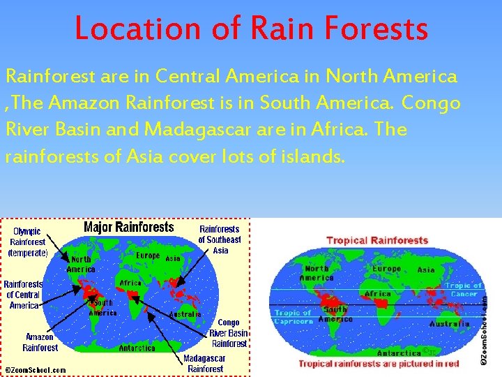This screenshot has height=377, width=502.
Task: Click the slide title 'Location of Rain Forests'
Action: click(x=251, y=29)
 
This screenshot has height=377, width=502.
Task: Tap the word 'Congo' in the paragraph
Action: click(x=431, y=103)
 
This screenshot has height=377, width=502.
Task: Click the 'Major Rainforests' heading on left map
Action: click(x=128, y=227)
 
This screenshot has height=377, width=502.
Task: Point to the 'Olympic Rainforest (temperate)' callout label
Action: click(x=28, y=242)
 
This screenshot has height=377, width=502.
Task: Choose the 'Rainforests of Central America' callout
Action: click(x=23, y=295)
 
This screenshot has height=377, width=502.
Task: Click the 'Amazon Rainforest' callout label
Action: click(x=40, y=342)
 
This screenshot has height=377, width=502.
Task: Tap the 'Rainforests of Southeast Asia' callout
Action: click(x=220, y=239)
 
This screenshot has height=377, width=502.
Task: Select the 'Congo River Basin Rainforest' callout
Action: click(x=228, y=333)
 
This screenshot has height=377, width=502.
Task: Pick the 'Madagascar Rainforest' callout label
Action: click(x=204, y=364)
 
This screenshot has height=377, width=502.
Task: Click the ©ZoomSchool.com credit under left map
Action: click(x=36, y=369)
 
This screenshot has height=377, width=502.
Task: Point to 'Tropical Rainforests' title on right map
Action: click(x=377, y=240)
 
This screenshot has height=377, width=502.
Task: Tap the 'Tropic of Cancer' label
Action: click(x=462, y=289)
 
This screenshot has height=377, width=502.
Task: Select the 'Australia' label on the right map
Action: click(x=449, y=324)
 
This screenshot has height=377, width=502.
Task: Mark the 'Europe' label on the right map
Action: click(x=386, y=269)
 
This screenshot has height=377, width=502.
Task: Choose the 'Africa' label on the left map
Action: click(x=130, y=283)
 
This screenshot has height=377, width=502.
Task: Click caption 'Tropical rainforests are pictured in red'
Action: click(x=379, y=363)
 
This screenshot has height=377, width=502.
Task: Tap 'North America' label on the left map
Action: click(x=81, y=265)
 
